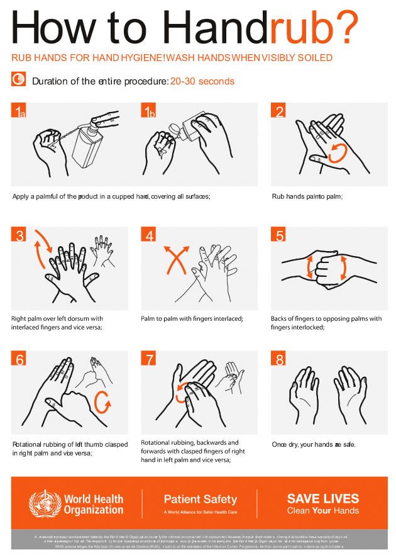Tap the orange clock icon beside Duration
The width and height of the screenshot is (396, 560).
(x=19, y=79)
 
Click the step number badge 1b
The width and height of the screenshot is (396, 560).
(x=149, y=111)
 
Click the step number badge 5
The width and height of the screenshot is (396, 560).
(x=279, y=235)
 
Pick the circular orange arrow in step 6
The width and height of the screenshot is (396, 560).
(x=102, y=400)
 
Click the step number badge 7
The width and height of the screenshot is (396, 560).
(x=150, y=359)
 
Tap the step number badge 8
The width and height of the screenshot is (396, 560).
(x=279, y=359)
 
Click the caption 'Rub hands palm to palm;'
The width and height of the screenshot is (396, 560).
(x=306, y=196)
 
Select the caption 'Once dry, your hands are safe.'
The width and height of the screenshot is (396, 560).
(x=314, y=444)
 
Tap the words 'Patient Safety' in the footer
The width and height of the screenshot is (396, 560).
(x=200, y=500)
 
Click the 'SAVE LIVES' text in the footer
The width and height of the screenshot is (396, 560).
(x=323, y=498)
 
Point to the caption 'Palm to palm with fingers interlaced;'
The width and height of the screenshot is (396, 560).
(x=192, y=319)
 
